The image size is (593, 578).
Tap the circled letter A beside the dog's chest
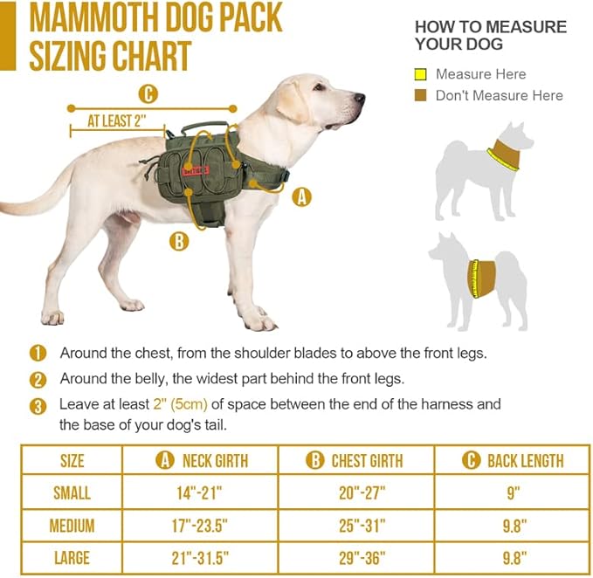click(x=301, y=197)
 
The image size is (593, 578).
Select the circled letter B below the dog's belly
click(x=178, y=240)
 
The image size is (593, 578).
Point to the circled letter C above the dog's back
click(x=148, y=93)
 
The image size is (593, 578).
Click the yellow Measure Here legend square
click(x=420, y=74)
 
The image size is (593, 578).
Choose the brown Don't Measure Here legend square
click(x=420, y=95)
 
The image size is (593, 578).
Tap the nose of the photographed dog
click(x=359, y=99)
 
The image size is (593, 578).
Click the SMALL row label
click(x=72, y=492)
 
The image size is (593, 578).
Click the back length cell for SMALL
click(x=513, y=492)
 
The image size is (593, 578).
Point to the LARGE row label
click(x=72, y=558)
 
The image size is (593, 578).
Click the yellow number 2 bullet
click(x=38, y=380)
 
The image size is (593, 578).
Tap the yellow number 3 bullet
click(x=38, y=406)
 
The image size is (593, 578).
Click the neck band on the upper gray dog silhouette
click(x=502, y=155)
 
